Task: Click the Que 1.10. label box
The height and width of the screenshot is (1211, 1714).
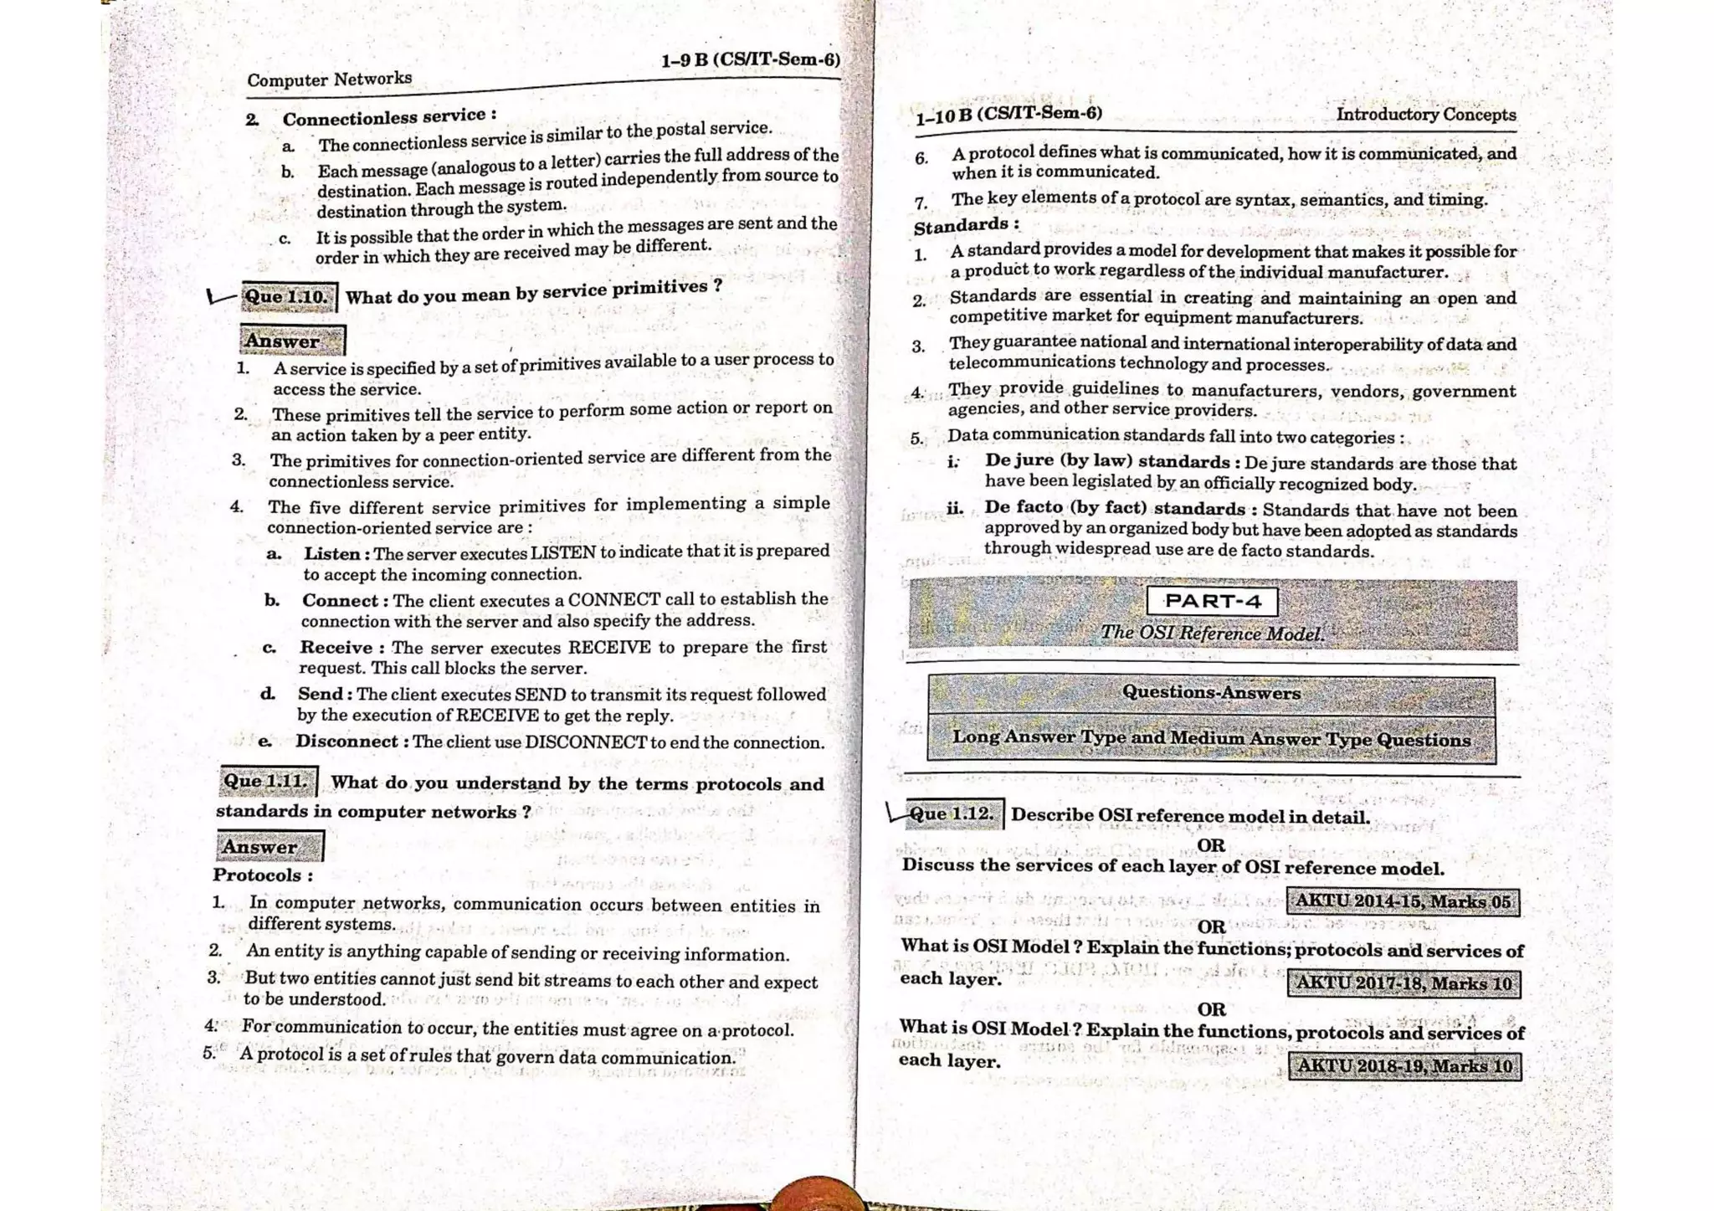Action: (x=288, y=296)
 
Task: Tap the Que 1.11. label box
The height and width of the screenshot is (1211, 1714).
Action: (x=267, y=782)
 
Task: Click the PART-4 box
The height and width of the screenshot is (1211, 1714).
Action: (x=1212, y=601)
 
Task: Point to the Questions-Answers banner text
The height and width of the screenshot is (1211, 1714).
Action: (x=1211, y=693)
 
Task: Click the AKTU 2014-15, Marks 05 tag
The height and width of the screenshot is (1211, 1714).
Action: (x=1403, y=901)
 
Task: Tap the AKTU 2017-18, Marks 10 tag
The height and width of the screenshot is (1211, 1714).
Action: (x=1404, y=983)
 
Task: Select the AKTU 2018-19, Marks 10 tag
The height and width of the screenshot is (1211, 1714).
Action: (x=1404, y=1065)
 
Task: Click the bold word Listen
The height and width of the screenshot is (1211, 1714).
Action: (x=332, y=554)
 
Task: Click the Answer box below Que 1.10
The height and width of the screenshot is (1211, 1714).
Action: (x=291, y=341)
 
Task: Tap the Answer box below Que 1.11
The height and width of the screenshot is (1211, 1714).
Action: (x=269, y=846)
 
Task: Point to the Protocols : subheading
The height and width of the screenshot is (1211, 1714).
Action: (x=263, y=875)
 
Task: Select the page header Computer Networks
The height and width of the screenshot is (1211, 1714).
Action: (x=329, y=80)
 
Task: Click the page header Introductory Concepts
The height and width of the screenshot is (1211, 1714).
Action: (x=1425, y=115)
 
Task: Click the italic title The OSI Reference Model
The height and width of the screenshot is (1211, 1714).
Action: (x=1212, y=633)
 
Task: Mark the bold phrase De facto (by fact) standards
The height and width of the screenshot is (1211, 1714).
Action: (x=1115, y=508)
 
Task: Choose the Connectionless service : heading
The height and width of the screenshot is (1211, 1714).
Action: (x=388, y=115)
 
